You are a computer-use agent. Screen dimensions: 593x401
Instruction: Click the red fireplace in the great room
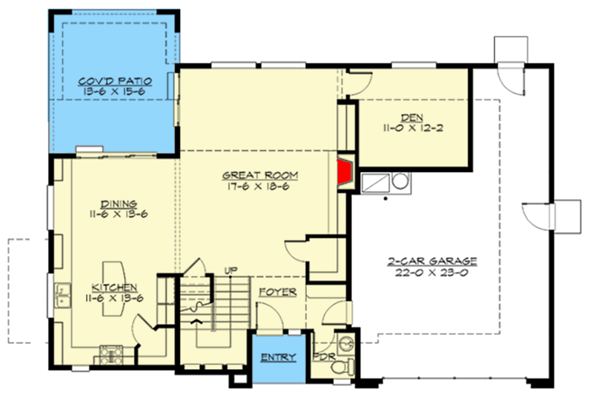pos(345,172)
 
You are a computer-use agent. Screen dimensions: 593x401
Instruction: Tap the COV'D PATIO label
pos(115,82)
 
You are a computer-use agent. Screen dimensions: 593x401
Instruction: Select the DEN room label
pos(412,118)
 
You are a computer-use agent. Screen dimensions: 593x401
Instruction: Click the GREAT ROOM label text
pos(260,176)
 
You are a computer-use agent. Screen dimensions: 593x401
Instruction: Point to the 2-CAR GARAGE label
pos(432,262)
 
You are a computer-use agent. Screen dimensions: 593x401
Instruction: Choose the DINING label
pos(119,205)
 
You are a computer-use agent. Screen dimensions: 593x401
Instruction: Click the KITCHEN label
pos(114,288)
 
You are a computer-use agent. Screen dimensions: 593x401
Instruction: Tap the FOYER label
pos(277,292)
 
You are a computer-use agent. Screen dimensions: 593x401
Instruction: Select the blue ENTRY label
pos(279,357)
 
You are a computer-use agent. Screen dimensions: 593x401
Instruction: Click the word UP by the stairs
pos(231,271)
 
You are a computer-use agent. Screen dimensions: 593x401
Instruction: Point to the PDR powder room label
pos(324,357)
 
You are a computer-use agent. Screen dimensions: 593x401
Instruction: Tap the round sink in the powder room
pos(345,344)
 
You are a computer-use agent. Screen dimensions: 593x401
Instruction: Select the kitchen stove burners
pos(111,355)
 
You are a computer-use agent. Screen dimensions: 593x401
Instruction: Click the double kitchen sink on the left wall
pos(62,296)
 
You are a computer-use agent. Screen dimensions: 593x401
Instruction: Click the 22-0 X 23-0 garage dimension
pos(431,272)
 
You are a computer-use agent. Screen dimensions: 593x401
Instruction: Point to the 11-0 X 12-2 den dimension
pos(413,128)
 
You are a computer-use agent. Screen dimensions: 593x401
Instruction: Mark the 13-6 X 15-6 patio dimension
pos(115,92)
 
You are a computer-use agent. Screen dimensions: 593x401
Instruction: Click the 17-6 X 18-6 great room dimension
pos(259,186)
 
